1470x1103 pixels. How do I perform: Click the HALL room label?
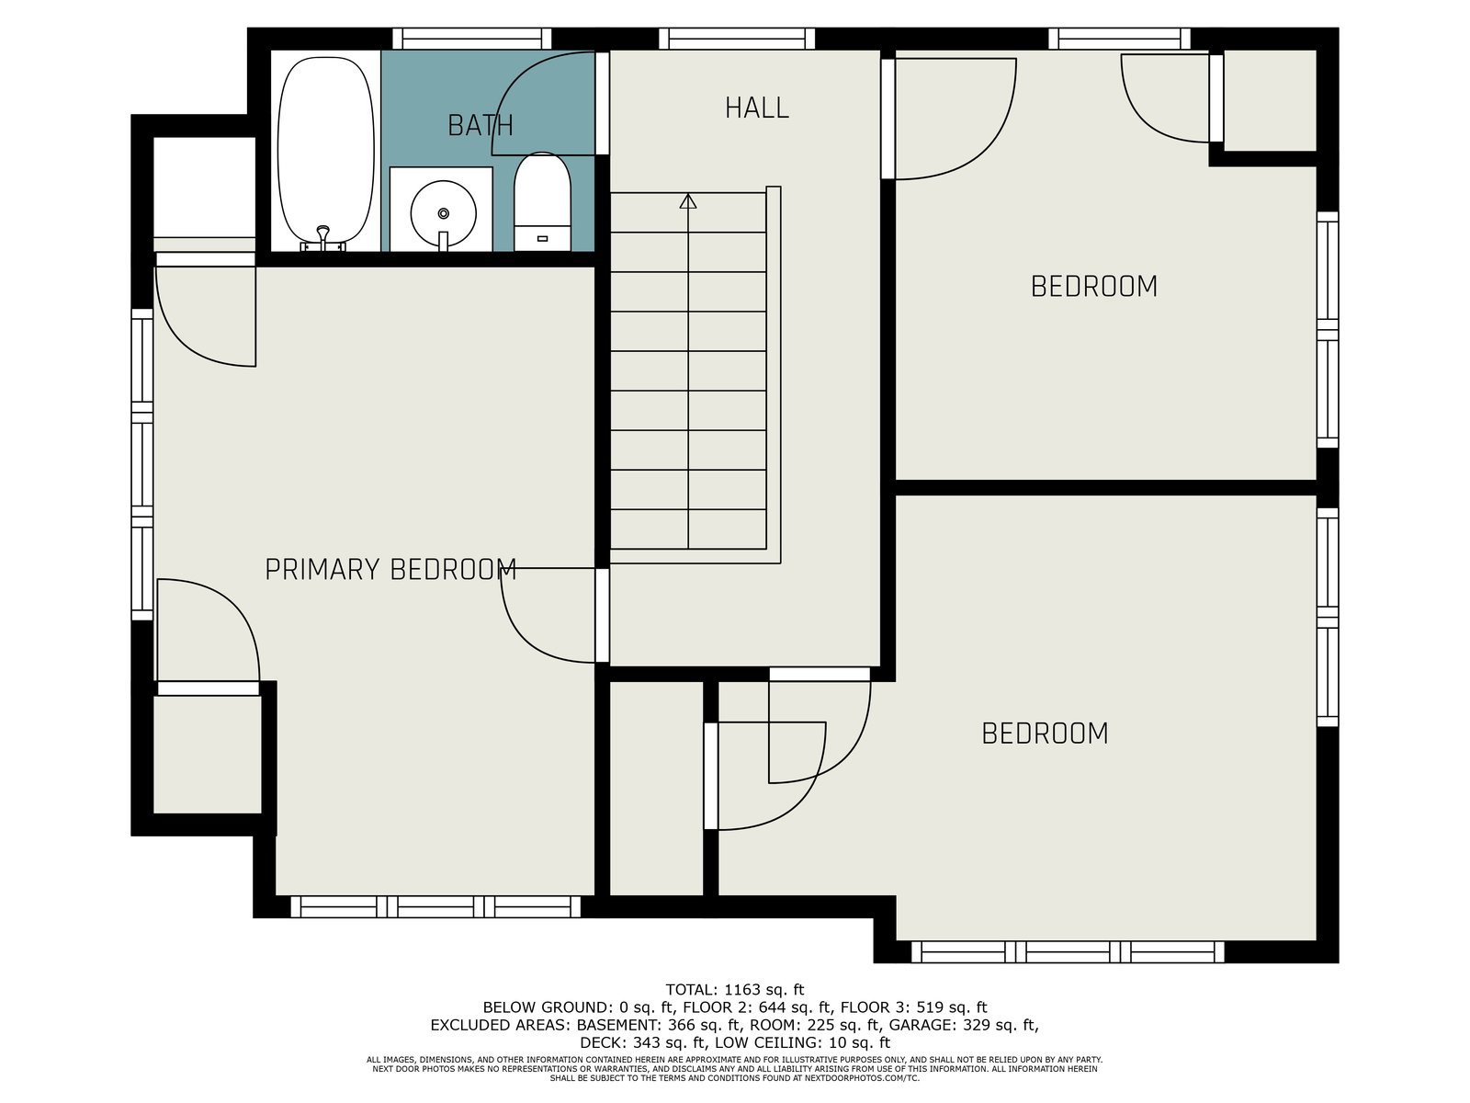pyautogui.click(x=757, y=108)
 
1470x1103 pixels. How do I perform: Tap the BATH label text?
pyautogui.click(x=481, y=125)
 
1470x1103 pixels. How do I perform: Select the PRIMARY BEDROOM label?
pyautogui.click(x=390, y=569)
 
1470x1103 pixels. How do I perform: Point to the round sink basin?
pyautogui.click(x=444, y=214)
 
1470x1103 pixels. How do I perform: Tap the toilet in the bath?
pyautogui.click(x=542, y=201)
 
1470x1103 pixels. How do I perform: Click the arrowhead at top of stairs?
pyautogui.click(x=688, y=201)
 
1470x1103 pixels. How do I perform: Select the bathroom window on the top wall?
pyautogui.click(x=471, y=39)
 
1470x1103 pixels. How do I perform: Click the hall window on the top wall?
pyautogui.click(x=737, y=39)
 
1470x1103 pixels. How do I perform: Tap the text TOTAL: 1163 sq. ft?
pyautogui.click(x=735, y=990)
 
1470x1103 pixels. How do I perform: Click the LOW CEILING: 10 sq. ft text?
pyautogui.click(x=803, y=1042)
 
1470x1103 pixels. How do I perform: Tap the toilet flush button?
pyautogui.click(x=542, y=238)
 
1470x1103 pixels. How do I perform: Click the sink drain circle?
pyautogui.click(x=444, y=213)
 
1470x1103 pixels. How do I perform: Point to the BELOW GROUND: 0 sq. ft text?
pyautogui.click(x=579, y=1007)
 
